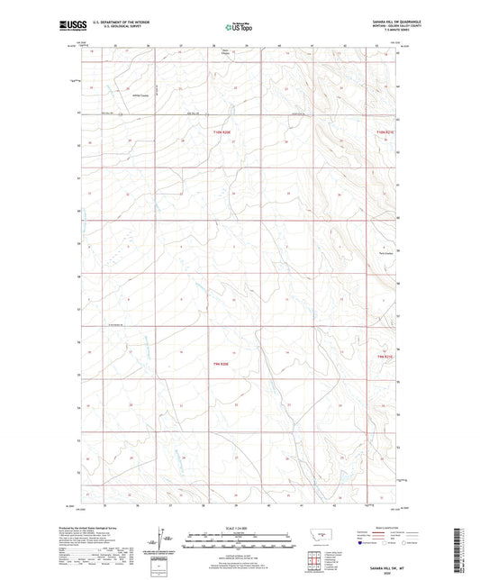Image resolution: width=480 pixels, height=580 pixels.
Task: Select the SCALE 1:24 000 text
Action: (240, 528)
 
